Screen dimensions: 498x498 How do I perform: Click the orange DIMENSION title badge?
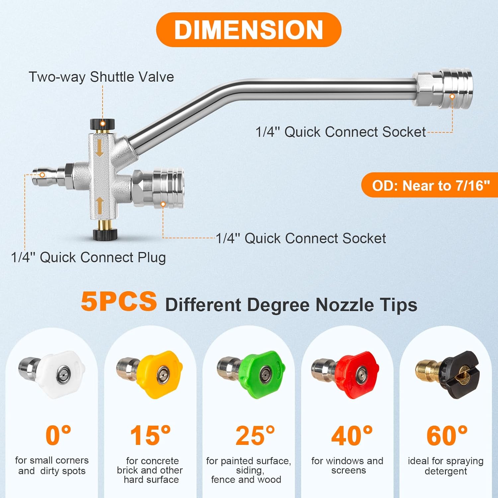pyautogui.click(x=249, y=30)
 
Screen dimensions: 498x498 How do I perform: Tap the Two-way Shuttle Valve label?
pyautogui.click(x=101, y=77)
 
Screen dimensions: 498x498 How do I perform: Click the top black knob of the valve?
pyautogui.click(x=103, y=124)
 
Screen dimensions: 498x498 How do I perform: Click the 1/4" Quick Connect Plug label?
pyautogui.click(x=88, y=258)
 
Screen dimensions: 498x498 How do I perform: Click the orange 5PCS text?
pyautogui.click(x=119, y=301)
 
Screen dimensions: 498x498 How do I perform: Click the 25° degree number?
pyautogui.click(x=255, y=436)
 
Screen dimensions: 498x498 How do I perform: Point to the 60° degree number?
pyautogui.click(x=447, y=436)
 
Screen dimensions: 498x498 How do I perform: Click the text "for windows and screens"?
pyautogui.click(x=348, y=465)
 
